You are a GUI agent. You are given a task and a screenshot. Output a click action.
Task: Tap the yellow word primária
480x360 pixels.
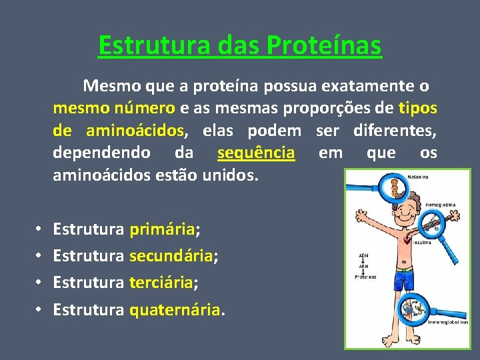point(162,230)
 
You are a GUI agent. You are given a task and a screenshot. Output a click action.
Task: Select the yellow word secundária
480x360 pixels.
point(171,256)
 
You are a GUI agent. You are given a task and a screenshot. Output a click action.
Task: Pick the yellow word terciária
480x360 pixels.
point(160,283)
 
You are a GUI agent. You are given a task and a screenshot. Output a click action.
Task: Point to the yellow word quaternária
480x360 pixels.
point(175,309)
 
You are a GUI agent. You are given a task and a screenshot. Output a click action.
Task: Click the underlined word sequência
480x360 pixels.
point(256,153)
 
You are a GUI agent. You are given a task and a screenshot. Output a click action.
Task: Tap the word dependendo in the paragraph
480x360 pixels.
point(101,153)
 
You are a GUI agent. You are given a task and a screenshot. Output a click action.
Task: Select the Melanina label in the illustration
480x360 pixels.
point(417,176)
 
